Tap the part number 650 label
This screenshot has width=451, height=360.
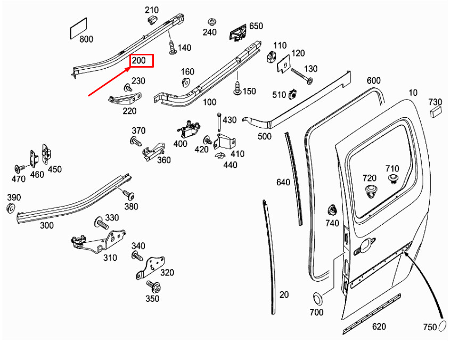(x=256, y=26)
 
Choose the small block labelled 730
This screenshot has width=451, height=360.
(x=435, y=111)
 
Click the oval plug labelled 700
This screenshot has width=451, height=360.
(x=316, y=298)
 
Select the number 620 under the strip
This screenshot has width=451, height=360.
(x=379, y=326)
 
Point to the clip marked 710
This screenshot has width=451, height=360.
(x=393, y=178)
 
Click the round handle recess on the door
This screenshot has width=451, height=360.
(x=366, y=246)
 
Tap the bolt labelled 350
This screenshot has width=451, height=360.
(x=154, y=286)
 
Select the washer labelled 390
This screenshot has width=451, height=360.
(x=11, y=208)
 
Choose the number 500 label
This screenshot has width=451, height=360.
(x=264, y=136)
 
